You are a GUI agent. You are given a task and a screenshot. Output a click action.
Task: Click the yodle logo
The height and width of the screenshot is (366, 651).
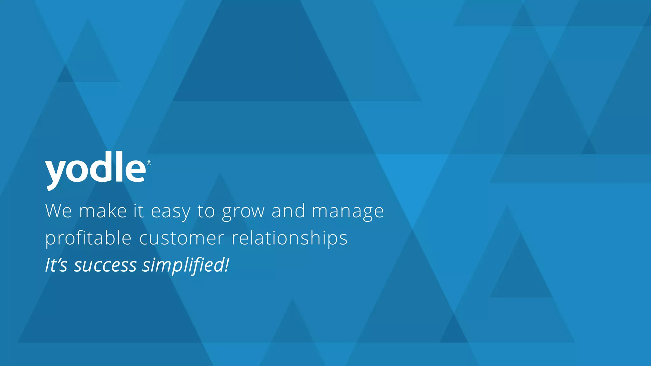pyautogui.click(x=95, y=170)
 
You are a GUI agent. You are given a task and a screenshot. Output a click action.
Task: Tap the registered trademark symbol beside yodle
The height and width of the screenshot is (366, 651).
pyautogui.click(x=149, y=163)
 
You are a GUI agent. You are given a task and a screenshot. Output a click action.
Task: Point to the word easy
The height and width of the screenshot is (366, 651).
pyautogui.click(x=171, y=212)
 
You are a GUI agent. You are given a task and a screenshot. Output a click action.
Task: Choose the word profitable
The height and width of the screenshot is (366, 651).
pyautogui.click(x=88, y=238)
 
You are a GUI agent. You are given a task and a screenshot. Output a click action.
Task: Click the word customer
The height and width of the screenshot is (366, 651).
pyautogui.click(x=182, y=238)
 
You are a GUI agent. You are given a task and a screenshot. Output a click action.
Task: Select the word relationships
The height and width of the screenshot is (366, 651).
pyautogui.click(x=290, y=238)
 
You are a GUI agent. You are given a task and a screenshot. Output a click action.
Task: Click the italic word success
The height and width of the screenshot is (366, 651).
pyautogui.click(x=105, y=266)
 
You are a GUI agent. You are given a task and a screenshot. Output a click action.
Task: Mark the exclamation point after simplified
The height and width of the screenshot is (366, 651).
pyautogui.click(x=227, y=265)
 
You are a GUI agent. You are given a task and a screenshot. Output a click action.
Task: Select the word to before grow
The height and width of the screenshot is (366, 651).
pyautogui.click(x=206, y=211)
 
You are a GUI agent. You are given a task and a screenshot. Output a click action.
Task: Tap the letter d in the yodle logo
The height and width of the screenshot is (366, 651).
pyautogui.click(x=102, y=167)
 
